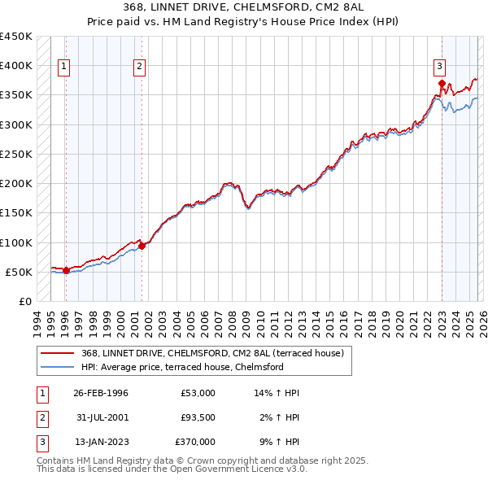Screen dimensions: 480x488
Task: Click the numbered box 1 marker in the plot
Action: pos(64,67)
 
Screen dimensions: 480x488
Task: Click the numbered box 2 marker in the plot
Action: pos(140,67)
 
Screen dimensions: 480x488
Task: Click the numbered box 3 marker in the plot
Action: pos(439,67)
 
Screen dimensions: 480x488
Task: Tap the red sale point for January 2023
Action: pos(442,83)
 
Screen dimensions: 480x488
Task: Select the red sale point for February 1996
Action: pos(66,270)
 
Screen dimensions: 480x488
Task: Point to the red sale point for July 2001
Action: pos(142,247)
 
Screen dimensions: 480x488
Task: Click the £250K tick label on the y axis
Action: pos(16,154)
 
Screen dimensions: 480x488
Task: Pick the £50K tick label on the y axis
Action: pos(20,272)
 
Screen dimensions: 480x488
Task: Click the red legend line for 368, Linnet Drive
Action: pos(59,353)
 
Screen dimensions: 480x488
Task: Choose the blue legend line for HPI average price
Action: pos(59,367)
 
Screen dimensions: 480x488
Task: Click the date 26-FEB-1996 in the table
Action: pos(101,393)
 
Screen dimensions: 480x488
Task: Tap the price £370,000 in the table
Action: pos(195,442)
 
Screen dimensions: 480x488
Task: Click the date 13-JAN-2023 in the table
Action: pos(101,442)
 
